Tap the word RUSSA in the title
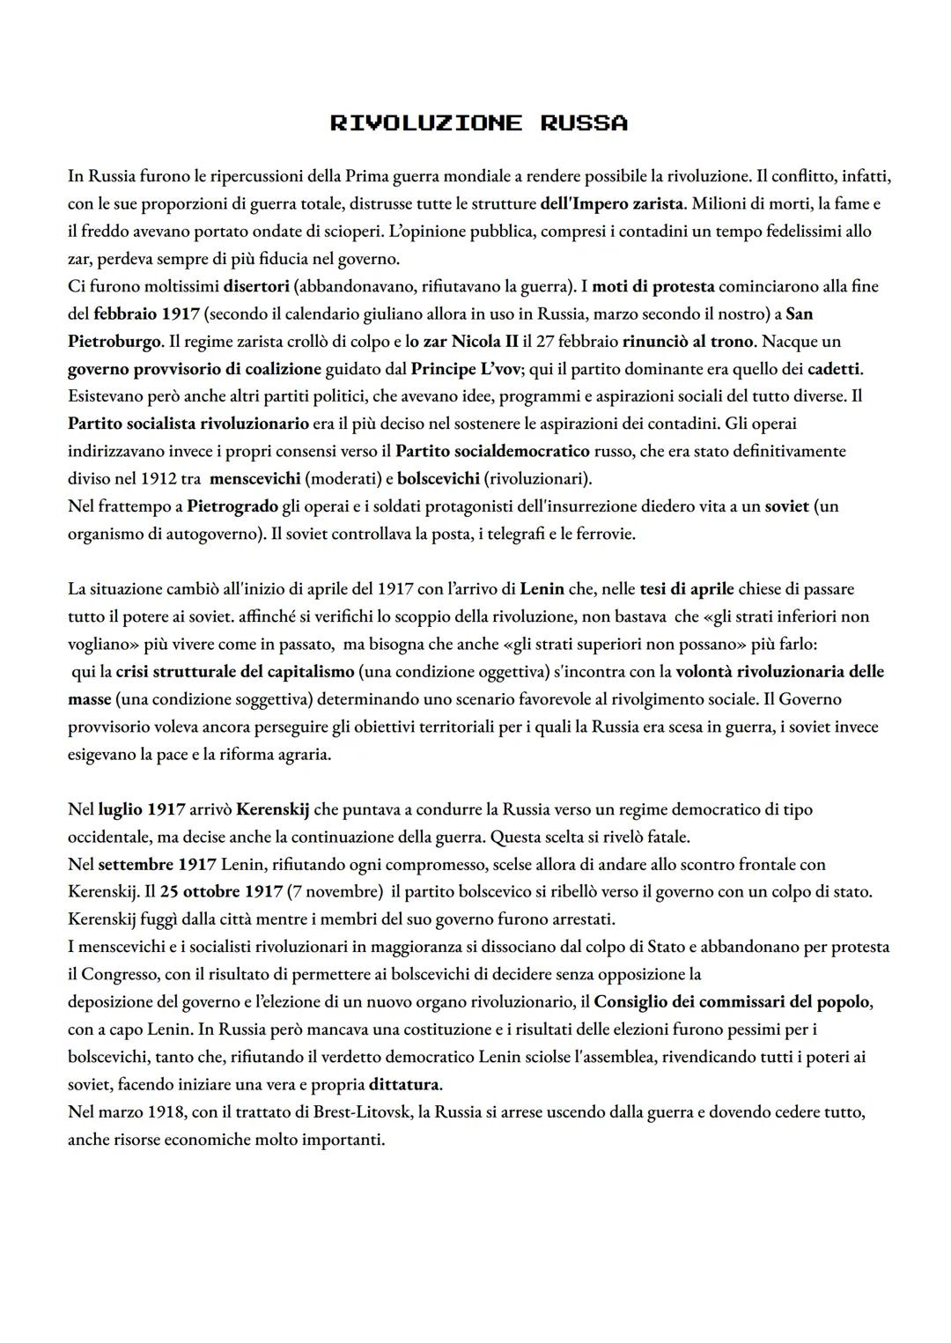coord(584,123)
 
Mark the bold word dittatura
coord(405,1083)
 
